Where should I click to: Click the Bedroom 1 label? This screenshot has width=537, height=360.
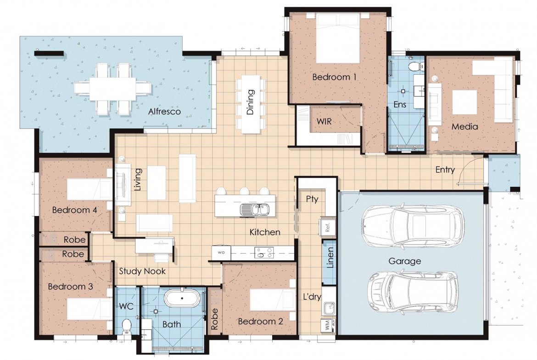(x=334, y=77)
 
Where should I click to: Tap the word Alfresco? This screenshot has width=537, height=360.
(x=164, y=111)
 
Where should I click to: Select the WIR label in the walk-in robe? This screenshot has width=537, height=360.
(x=324, y=121)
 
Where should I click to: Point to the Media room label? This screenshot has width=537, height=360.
(x=464, y=127)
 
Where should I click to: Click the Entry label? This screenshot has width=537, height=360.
(x=445, y=170)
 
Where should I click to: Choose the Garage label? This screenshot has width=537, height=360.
(x=404, y=261)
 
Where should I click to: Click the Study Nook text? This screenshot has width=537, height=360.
(x=142, y=271)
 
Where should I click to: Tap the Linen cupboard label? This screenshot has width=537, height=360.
(x=330, y=258)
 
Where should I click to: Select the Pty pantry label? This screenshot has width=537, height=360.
(x=312, y=199)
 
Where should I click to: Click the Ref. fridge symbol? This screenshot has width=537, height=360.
(x=328, y=226)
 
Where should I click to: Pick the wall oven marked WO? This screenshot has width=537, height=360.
(x=221, y=253)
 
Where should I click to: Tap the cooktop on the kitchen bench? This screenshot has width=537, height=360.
(x=264, y=253)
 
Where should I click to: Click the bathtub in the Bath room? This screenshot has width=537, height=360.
(x=182, y=298)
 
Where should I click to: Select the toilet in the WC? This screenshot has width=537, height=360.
(x=126, y=326)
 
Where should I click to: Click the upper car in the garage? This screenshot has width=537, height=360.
(x=414, y=226)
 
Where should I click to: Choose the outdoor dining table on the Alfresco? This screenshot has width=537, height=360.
(x=113, y=88)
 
